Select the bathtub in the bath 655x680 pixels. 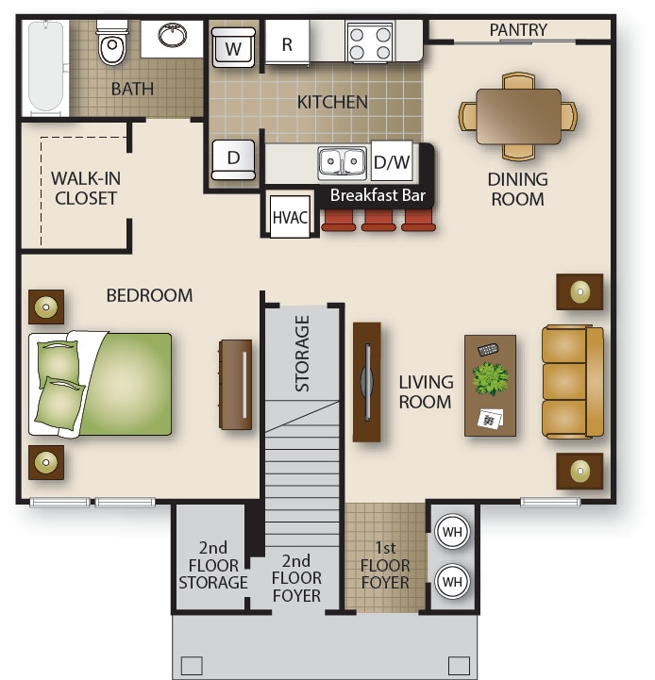tap(43, 66)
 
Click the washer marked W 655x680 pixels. tap(232, 46)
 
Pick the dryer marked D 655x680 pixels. tap(233, 158)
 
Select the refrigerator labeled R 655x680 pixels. tap(287, 44)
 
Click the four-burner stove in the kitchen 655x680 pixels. tap(370, 41)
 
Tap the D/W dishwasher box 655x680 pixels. tap(392, 161)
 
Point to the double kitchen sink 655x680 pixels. tap(342, 162)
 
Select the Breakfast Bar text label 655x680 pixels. tap(378, 197)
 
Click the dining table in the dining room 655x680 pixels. tap(518, 116)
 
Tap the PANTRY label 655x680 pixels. tap(517, 30)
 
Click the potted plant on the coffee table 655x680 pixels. tap(491, 379)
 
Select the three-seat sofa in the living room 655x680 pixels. tap(572, 382)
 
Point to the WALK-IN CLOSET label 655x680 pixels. tap(86, 188)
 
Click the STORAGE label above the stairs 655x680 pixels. tap(302, 354)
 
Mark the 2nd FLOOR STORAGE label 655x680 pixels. tap(213, 565)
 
